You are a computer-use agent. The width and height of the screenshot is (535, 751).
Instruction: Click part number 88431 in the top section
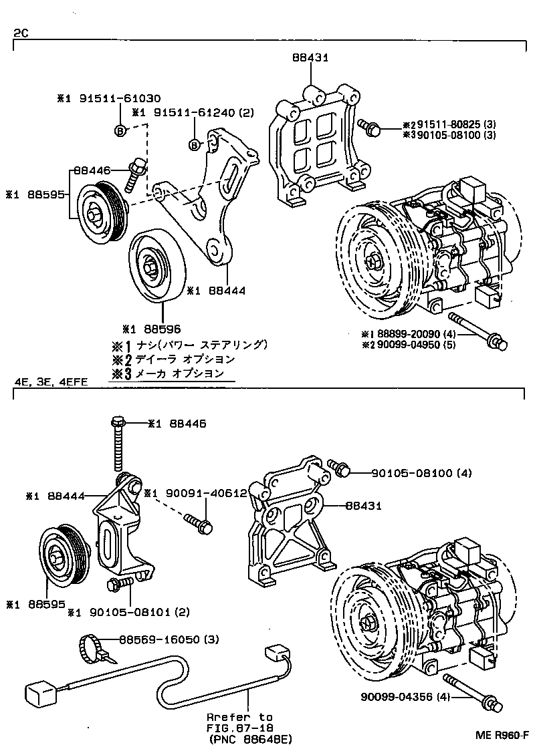(310, 58)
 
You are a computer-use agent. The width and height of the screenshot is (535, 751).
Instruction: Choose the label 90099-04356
(406, 698)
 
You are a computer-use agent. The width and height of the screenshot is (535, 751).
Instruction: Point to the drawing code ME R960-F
(502, 736)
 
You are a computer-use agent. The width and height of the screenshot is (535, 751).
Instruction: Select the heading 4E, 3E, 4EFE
(51, 382)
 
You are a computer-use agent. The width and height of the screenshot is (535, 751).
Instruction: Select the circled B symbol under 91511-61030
(120, 130)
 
